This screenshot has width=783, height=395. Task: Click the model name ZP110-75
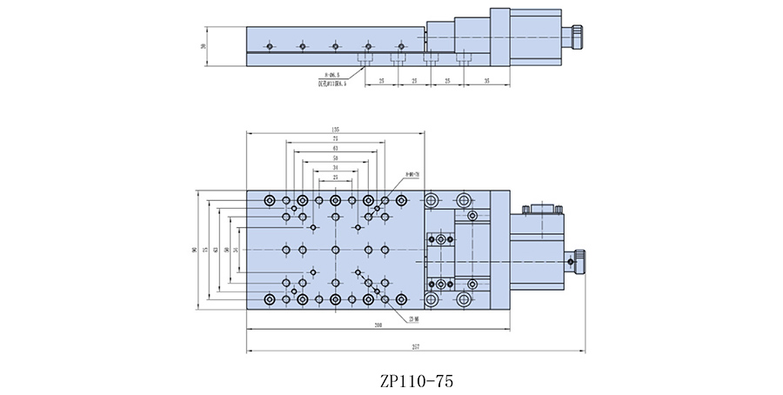(x=417, y=380)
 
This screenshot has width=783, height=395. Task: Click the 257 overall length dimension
(x=416, y=347)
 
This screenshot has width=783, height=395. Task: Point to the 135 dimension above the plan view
(x=335, y=129)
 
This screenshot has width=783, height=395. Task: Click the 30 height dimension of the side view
(x=203, y=45)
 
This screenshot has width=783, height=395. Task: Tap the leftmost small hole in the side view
(x=271, y=45)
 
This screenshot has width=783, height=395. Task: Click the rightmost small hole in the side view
(x=400, y=45)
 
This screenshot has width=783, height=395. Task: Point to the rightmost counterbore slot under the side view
(x=464, y=58)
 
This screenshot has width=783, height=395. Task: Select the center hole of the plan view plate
(x=335, y=250)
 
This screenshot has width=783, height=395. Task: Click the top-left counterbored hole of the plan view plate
(x=270, y=201)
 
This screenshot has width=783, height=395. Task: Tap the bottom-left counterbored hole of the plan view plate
(x=270, y=299)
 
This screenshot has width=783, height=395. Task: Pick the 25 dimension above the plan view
(x=335, y=177)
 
